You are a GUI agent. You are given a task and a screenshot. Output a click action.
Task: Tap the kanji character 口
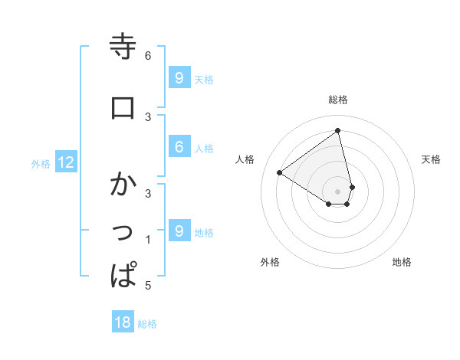pos(123,108)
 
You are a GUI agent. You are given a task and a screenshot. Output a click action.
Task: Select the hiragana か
pos(123,185)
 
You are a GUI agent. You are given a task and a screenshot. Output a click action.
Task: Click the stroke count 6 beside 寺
pos(148,55)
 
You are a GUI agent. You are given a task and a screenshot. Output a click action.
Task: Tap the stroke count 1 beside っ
pos(148,240)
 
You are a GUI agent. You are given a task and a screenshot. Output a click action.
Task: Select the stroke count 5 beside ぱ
pos(148,286)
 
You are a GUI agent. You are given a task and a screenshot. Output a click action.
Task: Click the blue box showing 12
pos(65,162)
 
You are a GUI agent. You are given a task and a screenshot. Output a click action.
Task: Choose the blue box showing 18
pos(123,322)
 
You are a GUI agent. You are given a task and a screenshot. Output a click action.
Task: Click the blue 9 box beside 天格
pos(179,77)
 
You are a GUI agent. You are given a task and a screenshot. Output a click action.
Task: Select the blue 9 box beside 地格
pos(179,231)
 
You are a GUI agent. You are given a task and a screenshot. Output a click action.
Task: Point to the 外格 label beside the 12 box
pos(41,163)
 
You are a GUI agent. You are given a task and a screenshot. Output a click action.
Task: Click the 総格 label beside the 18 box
pos(147,324)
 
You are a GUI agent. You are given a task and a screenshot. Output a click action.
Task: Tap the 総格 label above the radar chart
pos(338,100)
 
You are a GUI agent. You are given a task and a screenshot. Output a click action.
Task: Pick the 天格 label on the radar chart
pos(431,159)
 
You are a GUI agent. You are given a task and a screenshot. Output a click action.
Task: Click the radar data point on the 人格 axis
pos(280,172)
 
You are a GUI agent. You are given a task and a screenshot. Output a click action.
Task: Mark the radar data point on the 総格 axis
pos(338,130)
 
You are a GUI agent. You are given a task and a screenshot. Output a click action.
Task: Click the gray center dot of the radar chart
pos(338,191)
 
